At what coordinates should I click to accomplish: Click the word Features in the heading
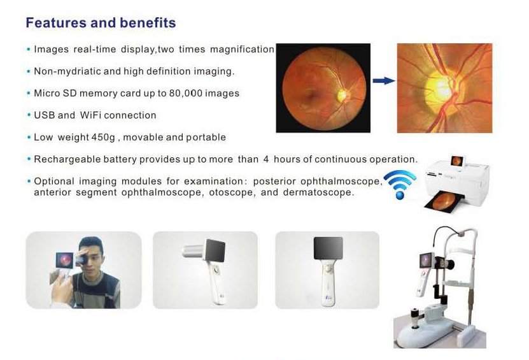point(56,23)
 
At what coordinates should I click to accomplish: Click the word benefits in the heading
point(148,23)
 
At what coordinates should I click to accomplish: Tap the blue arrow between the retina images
point(384,81)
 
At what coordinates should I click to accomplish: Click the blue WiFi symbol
point(400,184)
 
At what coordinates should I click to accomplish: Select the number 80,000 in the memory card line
point(186,93)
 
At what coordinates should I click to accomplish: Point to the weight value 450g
point(103,138)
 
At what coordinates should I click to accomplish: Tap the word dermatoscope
point(318,192)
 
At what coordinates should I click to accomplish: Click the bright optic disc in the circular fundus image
point(342,95)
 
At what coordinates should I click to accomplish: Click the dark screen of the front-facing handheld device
point(328,248)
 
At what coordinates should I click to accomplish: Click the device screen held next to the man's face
point(64,260)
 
